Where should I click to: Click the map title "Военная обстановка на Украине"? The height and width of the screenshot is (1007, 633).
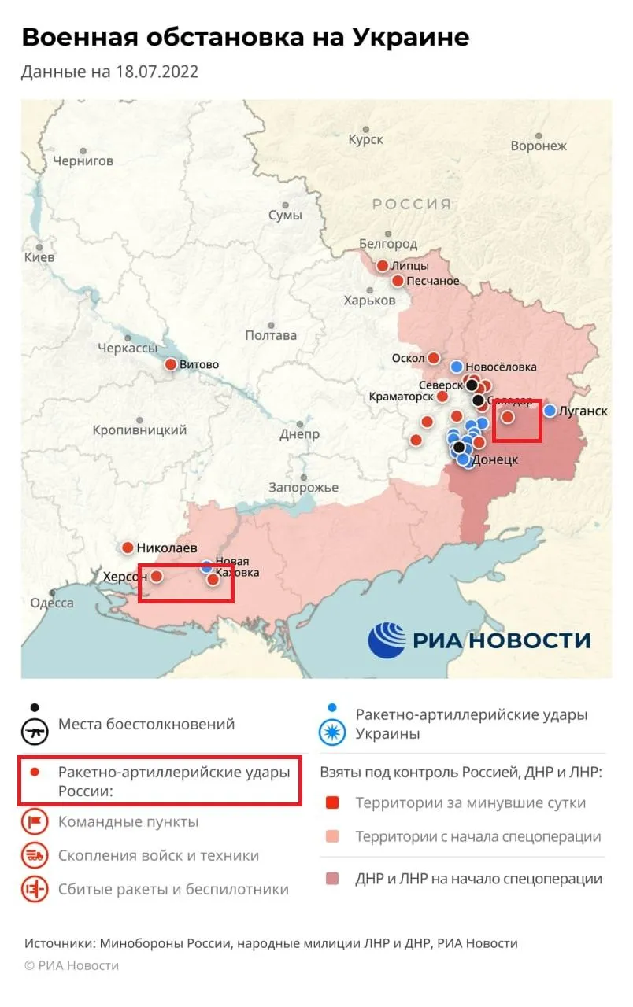pyautogui.click(x=245, y=37)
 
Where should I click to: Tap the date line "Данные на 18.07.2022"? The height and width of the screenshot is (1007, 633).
pyautogui.click(x=109, y=72)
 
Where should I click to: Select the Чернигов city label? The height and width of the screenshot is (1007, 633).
pyautogui.click(x=83, y=160)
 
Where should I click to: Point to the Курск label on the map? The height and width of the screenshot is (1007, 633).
pyautogui.click(x=365, y=139)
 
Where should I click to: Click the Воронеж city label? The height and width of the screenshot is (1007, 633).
pyautogui.click(x=539, y=146)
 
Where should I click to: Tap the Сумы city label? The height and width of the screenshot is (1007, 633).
pyautogui.click(x=284, y=215)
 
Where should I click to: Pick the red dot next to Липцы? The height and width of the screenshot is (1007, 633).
pyautogui.click(x=383, y=266)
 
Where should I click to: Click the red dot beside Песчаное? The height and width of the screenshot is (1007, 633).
pyautogui.click(x=398, y=281)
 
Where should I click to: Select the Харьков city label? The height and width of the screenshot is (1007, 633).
pyautogui.click(x=369, y=301)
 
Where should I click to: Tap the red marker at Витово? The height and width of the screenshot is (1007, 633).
pyautogui.click(x=170, y=364)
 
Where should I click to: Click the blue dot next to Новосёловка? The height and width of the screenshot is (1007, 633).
pyautogui.click(x=456, y=366)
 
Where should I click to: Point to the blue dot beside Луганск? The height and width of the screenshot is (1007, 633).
pyautogui.click(x=550, y=410)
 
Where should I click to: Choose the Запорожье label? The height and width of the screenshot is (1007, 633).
pyautogui.click(x=303, y=488)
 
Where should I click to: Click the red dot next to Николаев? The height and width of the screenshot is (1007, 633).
pyautogui.click(x=127, y=548)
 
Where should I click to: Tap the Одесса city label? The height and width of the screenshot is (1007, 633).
pyautogui.click(x=52, y=603)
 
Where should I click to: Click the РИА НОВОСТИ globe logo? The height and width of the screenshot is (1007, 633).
pyautogui.click(x=387, y=640)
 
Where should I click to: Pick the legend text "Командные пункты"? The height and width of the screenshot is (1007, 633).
pyautogui.click(x=128, y=822)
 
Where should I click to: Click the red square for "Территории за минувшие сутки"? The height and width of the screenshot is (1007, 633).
pyautogui.click(x=332, y=803)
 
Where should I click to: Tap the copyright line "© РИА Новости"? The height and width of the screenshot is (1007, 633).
pyautogui.click(x=72, y=965)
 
